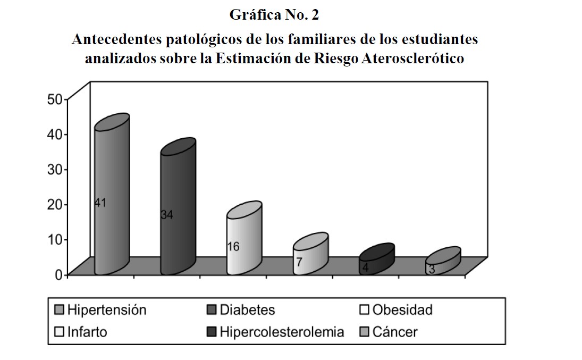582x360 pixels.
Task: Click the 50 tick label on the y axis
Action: pos(56,99)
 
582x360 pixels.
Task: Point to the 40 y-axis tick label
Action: pos(56,134)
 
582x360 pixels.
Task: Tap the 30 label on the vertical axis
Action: pos(56,169)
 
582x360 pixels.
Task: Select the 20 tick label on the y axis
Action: pos(56,204)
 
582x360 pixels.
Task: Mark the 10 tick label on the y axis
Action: pos(56,239)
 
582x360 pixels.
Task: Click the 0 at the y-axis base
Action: pos(59,274)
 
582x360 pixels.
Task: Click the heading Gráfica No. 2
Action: pos(274,15)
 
